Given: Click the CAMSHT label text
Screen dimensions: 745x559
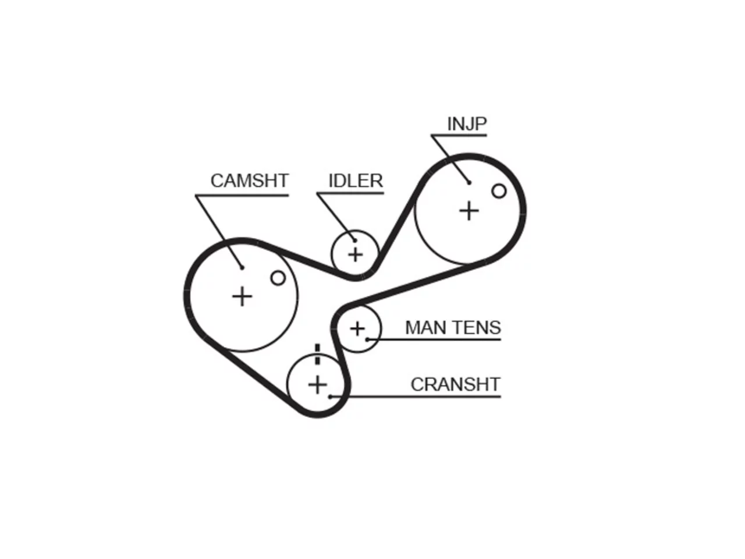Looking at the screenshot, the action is click(x=250, y=181).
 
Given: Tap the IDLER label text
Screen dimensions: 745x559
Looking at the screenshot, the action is click(x=356, y=181).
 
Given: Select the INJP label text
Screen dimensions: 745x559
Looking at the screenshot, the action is click(x=467, y=124).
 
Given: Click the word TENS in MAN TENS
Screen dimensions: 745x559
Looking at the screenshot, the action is click(x=477, y=327).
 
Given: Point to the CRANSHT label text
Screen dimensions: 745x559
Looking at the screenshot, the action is click(x=456, y=384).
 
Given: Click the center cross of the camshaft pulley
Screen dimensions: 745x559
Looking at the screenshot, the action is click(x=242, y=296).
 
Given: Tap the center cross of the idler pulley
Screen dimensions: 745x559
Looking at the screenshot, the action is click(x=356, y=254).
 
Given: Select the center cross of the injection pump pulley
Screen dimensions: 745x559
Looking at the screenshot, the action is click(x=469, y=211).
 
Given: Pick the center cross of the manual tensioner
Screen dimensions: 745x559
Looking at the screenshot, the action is click(x=357, y=328).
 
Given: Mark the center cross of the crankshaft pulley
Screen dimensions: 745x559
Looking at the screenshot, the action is click(x=317, y=385).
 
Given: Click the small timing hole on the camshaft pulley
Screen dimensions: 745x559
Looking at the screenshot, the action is click(x=278, y=278).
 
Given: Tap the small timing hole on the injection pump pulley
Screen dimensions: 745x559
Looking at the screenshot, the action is click(x=499, y=191).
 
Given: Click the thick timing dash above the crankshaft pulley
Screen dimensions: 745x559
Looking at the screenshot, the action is click(x=317, y=355).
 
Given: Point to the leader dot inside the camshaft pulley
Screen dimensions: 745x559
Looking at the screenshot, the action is click(x=242, y=268).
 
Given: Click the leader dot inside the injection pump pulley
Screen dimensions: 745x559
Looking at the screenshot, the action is click(x=469, y=183).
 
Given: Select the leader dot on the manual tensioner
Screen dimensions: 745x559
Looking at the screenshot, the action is click(x=367, y=339).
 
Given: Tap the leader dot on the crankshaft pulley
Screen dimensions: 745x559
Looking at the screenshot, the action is click(x=330, y=397).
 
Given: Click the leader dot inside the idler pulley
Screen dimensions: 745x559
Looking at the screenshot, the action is click(x=355, y=240).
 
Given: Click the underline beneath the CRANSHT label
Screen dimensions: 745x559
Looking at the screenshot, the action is click(x=416, y=397).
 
